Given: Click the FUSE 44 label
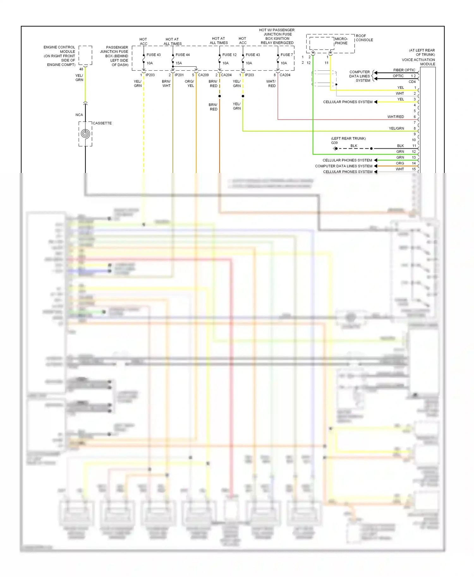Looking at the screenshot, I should (182, 55).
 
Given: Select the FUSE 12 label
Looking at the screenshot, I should (229, 55).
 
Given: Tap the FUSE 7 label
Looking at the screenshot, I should (287, 55).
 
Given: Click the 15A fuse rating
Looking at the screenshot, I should (179, 63).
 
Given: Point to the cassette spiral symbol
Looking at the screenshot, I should (85, 134).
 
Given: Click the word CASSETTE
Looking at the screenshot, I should (102, 123).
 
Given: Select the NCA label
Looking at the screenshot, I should (79, 115).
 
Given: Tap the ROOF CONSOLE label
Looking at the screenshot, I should (364, 38).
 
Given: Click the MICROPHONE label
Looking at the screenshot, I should (341, 41).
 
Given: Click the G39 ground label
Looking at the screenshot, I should (334, 143).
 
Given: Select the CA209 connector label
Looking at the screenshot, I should (203, 75).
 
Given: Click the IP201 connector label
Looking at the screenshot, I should (179, 75).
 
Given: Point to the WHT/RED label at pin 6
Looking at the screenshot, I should (395, 117).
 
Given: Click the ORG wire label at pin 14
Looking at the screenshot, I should (400, 163).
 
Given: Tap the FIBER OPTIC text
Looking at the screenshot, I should (404, 70).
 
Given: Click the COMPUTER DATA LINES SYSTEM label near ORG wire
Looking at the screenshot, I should (343, 166).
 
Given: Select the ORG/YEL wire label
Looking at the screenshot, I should (190, 84).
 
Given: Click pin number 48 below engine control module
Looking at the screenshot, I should (81, 69).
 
